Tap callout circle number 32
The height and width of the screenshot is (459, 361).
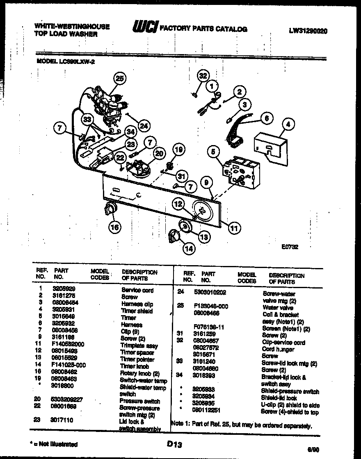pos(203,75)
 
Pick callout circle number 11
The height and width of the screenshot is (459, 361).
pos(234,227)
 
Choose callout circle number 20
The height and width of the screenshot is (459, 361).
pos(159,153)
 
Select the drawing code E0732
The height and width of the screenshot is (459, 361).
pos(290,247)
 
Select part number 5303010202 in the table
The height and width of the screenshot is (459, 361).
pos(210,293)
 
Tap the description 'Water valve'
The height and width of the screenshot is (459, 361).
pos(278,307)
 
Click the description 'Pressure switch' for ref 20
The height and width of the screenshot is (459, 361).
pos(139,401)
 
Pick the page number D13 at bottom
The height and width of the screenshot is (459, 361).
pos(174,443)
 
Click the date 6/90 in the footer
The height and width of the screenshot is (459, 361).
pos(313,449)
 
